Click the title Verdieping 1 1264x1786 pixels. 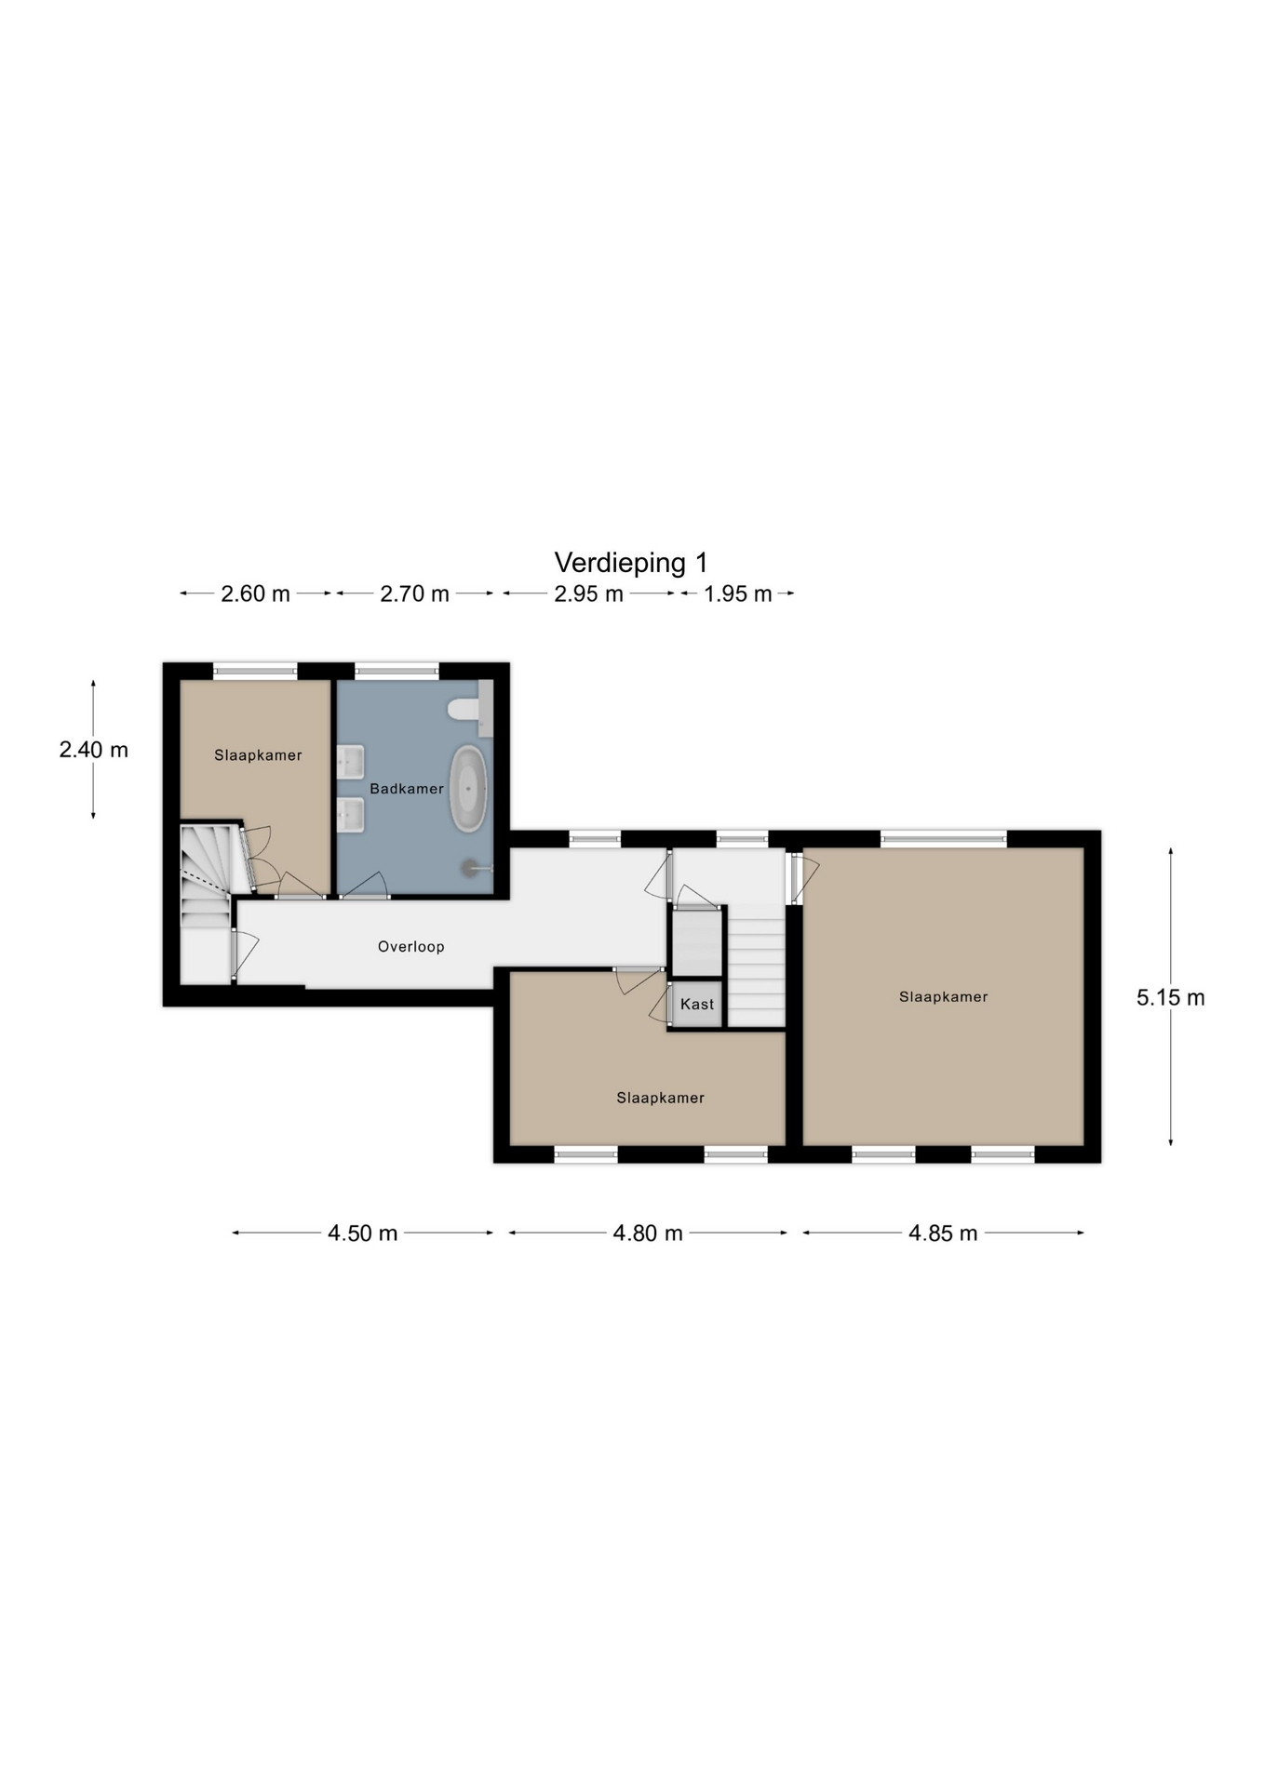(x=631, y=563)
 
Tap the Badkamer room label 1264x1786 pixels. (x=407, y=789)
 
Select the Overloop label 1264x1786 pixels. (x=410, y=947)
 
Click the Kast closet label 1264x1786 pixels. (x=697, y=1004)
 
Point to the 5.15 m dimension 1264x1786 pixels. (x=1170, y=998)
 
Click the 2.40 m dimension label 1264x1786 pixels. (x=93, y=750)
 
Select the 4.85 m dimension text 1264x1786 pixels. (x=943, y=1233)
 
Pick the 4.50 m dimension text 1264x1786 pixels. (x=362, y=1233)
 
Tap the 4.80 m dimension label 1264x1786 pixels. (x=648, y=1233)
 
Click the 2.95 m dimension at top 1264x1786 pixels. (x=588, y=593)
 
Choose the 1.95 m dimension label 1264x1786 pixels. (x=737, y=593)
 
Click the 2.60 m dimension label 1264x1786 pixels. (x=255, y=593)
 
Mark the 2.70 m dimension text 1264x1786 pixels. (x=414, y=593)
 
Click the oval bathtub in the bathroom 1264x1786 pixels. (x=469, y=789)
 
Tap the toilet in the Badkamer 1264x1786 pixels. (x=464, y=710)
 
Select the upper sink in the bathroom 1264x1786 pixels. (x=351, y=763)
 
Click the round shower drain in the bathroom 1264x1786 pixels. (x=469, y=867)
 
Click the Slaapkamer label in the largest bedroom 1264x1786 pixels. (x=943, y=997)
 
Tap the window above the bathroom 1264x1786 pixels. (x=397, y=669)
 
